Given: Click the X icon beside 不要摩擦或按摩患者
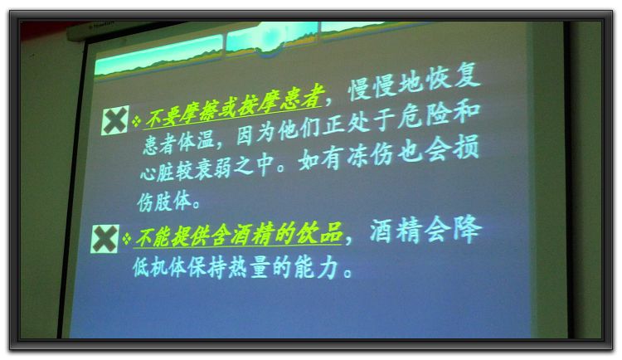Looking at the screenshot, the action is coord(115,120).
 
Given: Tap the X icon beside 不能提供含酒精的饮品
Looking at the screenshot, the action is coord(104,239).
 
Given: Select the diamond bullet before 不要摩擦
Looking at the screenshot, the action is coord(137,120).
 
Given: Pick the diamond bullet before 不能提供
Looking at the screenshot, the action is coord(127,238).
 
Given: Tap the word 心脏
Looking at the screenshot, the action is coord(158,172).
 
